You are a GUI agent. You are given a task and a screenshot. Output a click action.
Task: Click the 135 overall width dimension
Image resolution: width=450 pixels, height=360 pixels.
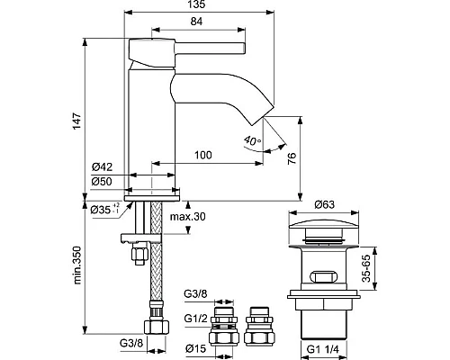click(197, 4)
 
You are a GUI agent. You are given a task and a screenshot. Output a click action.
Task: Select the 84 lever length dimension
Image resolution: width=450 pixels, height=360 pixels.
click(196, 22)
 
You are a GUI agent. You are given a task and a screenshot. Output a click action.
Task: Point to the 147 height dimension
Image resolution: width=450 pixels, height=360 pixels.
click(77, 121)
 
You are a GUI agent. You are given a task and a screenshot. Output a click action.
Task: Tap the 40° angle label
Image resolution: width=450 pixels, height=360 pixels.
click(252, 140)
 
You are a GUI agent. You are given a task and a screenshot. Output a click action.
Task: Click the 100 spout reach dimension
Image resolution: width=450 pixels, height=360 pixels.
click(203, 155)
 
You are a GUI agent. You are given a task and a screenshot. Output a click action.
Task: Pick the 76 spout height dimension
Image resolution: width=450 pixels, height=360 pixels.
click(292, 158)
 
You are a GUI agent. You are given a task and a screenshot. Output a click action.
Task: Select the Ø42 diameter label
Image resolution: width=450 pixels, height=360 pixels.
click(102, 166)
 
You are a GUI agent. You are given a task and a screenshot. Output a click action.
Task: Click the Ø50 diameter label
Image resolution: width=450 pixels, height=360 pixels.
click(102, 181)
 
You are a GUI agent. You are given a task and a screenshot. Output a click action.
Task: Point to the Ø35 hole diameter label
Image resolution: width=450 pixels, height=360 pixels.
click(105, 209)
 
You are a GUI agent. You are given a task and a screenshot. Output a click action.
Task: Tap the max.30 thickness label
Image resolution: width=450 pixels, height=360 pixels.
click(188, 216)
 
